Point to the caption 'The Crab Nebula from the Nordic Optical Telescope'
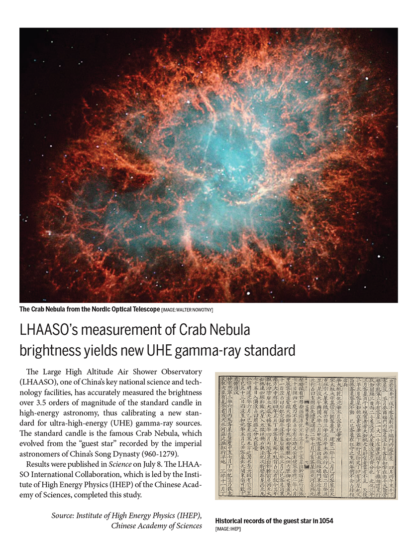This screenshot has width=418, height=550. coord(90,310)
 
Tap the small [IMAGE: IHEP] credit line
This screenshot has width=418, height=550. coord(228,528)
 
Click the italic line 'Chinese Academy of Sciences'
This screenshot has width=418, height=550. coord(156,526)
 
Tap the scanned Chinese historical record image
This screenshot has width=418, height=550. coord(306,435)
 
